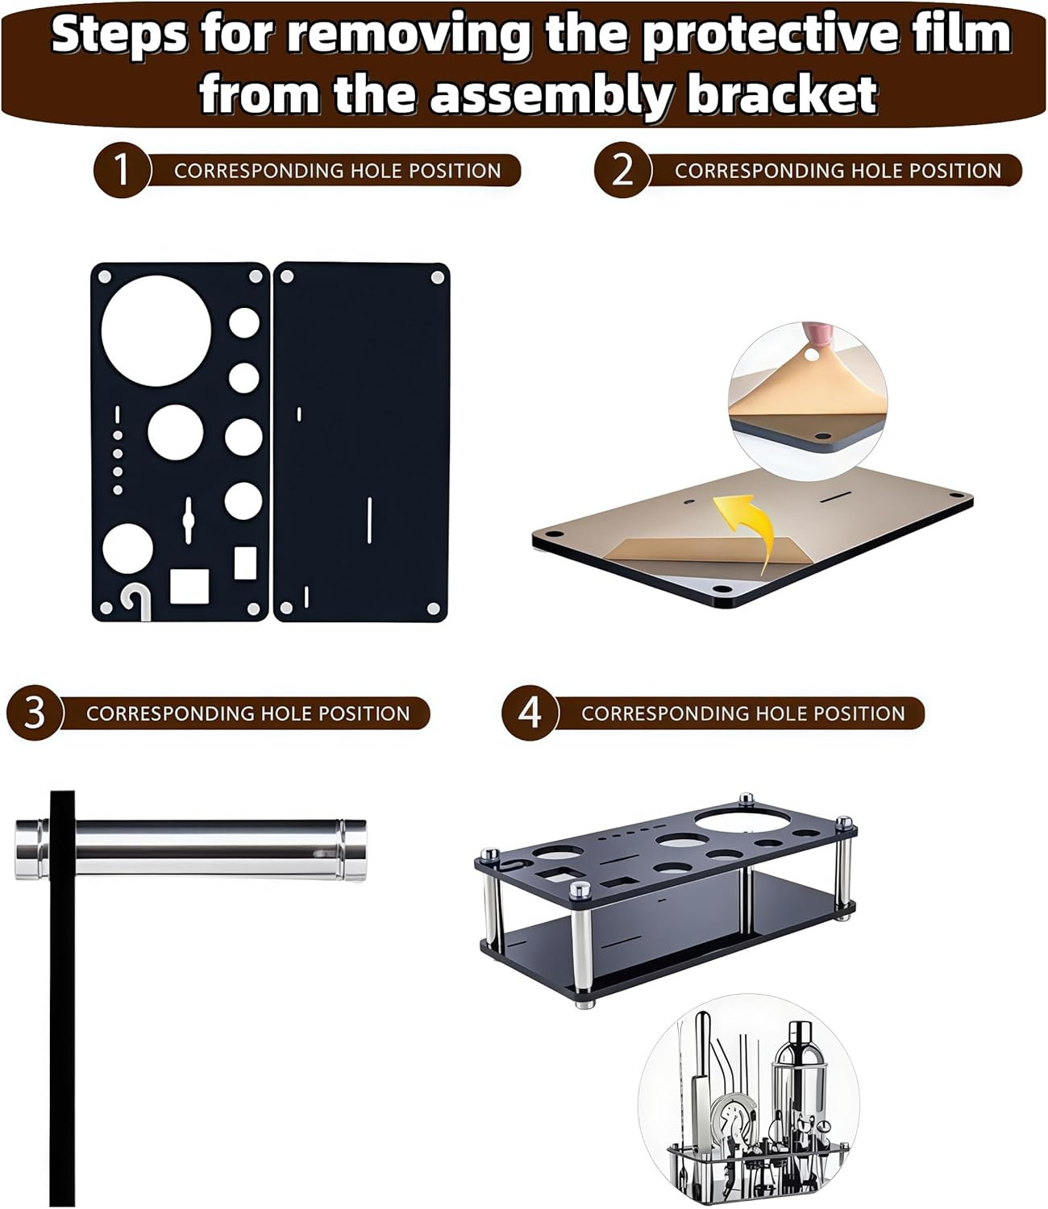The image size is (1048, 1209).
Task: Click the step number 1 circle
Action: coord(121,170)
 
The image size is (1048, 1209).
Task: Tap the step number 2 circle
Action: coord(622,170)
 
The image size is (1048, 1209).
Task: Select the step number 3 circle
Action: coord(34,713)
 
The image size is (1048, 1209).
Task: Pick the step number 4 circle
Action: coord(529,713)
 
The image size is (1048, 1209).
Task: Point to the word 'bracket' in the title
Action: coord(781,94)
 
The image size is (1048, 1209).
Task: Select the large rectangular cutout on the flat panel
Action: coord(189,586)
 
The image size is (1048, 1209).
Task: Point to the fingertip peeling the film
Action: coord(814,336)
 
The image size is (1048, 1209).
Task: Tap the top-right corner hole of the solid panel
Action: coord(437,277)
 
